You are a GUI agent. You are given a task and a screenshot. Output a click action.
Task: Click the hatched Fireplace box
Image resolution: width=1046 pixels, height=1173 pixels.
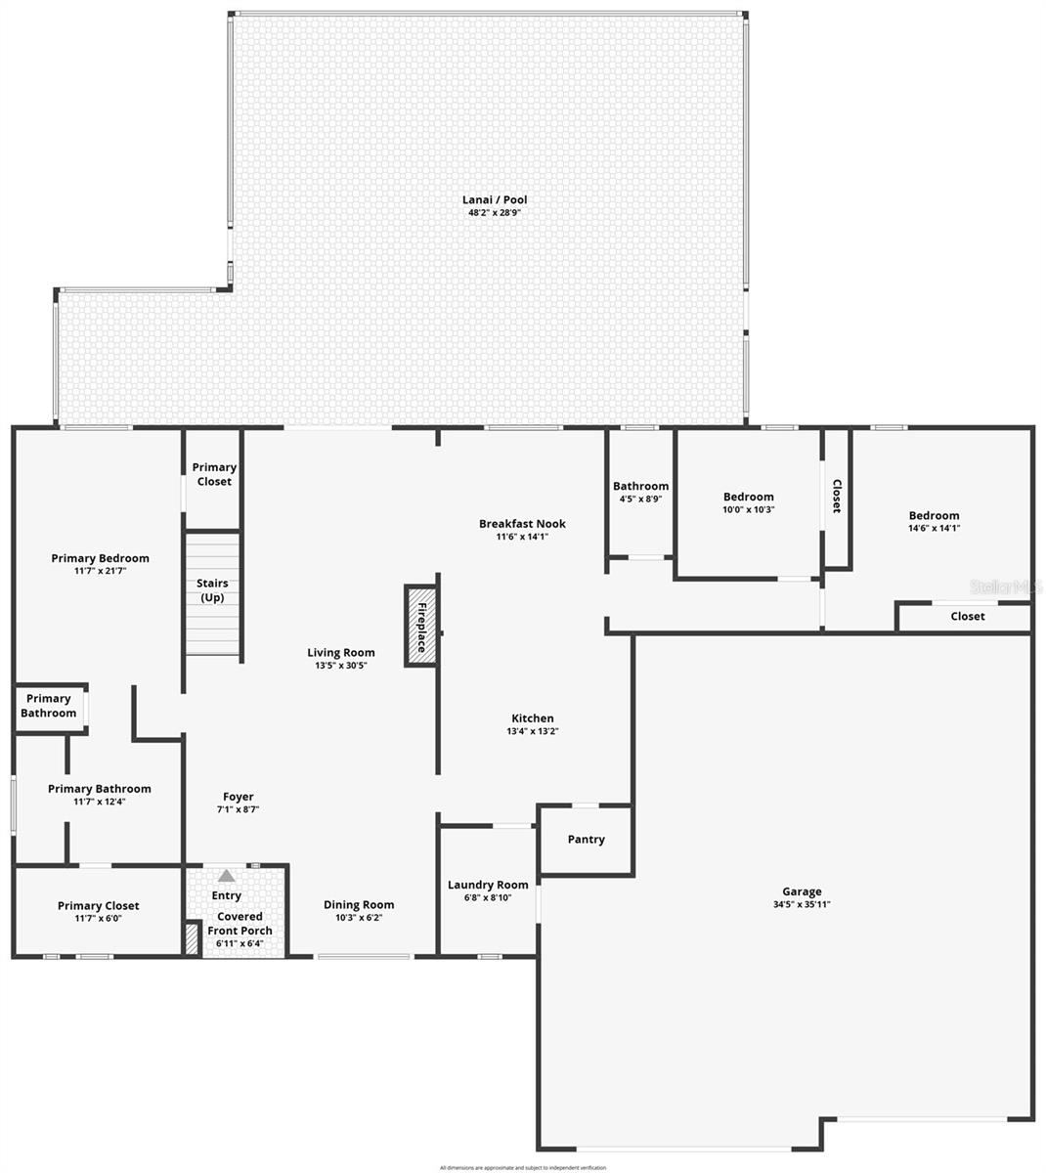[421, 627]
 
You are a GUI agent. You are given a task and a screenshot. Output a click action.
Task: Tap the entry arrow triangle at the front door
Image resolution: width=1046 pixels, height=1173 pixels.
[227, 876]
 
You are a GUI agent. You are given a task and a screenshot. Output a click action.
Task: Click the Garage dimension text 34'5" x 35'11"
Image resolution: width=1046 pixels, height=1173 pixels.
[802, 905]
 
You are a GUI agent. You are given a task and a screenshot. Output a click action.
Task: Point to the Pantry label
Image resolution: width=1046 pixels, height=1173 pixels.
[586, 840]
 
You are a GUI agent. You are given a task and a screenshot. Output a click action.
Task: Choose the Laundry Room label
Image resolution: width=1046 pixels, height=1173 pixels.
[488, 885]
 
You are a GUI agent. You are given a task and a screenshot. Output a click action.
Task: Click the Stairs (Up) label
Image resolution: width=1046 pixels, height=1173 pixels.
[212, 590]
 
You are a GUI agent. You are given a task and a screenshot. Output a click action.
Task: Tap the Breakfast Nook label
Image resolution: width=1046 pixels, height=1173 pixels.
[522, 524]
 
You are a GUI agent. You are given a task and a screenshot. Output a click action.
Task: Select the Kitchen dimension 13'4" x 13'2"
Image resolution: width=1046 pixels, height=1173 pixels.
[533, 731]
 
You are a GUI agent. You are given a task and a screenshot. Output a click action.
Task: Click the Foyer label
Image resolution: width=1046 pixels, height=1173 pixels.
[238, 797]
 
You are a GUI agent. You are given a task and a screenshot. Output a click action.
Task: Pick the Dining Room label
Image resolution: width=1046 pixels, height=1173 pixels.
[359, 905]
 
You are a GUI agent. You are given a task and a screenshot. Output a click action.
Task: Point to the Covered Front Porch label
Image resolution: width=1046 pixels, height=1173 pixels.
[240, 924]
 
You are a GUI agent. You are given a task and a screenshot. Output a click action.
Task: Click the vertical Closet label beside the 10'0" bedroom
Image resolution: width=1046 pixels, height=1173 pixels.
[836, 496]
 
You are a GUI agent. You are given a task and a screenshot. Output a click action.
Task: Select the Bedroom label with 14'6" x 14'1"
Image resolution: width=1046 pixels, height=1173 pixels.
[934, 516]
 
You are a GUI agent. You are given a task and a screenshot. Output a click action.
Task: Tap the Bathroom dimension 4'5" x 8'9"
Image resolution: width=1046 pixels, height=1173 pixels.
[640, 500]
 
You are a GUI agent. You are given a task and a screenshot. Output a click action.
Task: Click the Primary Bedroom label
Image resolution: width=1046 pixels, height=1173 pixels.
[101, 559]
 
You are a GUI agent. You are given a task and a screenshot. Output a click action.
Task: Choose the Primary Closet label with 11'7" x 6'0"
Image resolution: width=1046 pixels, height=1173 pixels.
[98, 906]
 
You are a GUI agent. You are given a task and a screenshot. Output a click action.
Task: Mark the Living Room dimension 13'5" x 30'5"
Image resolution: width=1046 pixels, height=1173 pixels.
[341, 666]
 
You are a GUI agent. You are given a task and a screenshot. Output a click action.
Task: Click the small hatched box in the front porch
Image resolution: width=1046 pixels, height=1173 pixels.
[192, 938]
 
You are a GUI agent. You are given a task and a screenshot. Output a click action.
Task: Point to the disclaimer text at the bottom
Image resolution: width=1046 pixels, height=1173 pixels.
[523, 1167]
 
